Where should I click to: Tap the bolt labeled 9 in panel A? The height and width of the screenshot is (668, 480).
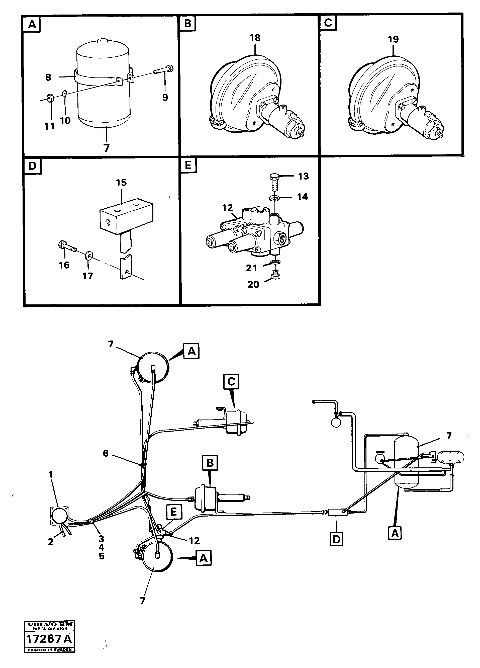(163, 71)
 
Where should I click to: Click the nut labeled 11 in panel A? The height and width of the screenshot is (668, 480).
(50, 98)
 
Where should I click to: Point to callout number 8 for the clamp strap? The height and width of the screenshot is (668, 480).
(48, 77)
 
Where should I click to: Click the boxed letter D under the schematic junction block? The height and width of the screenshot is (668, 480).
(336, 539)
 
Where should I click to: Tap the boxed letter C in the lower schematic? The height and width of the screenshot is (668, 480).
(231, 381)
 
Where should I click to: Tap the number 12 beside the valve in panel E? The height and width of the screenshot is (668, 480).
(227, 208)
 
